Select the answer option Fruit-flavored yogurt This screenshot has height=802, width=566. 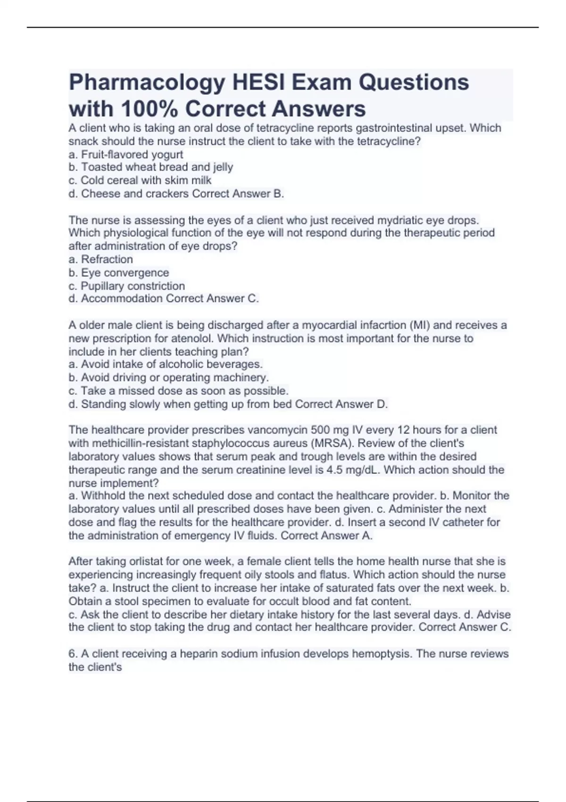point(132,154)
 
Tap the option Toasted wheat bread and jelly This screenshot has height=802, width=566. point(157,167)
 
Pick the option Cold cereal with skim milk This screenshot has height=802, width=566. point(146,180)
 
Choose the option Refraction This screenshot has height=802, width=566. point(107,259)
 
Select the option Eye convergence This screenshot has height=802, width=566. point(125,273)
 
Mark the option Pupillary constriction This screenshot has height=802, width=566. point(133,286)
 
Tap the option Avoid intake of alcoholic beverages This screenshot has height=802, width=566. point(171,364)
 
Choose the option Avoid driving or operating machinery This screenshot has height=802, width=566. point(175,377)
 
